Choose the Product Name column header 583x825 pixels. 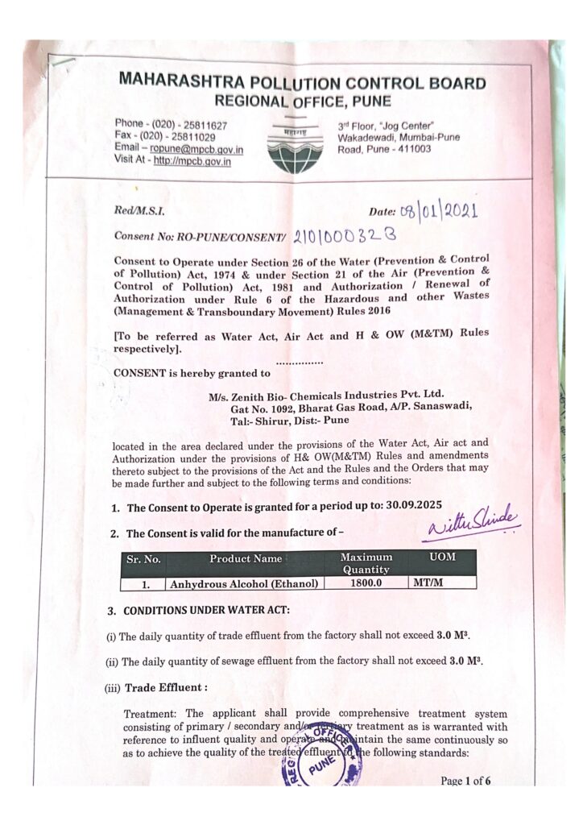coord(246,558)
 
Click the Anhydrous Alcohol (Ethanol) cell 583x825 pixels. coord(243,582)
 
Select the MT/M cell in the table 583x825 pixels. coord(428,582)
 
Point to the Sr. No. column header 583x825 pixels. coord(143,558)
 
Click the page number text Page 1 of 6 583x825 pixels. coord(465,780)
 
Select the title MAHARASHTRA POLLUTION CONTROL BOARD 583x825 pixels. coord(302,83)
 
